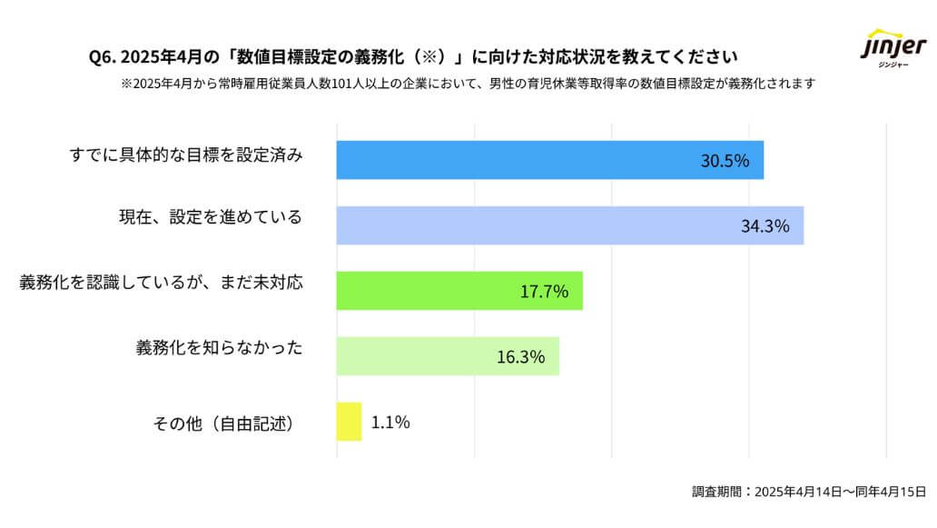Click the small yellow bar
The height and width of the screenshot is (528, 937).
[349, 422]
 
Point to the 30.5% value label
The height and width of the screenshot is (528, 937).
[725, 161]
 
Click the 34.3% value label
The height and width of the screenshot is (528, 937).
[764, 226]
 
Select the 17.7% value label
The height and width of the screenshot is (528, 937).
[544, 292]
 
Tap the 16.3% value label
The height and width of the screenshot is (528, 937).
[520, 357]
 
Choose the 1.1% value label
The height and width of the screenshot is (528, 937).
[391, 422]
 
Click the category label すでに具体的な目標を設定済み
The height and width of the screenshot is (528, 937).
[186, 155]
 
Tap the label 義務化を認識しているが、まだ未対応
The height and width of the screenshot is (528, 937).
[161, 283]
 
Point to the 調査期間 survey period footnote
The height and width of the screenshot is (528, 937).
[808, 492]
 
